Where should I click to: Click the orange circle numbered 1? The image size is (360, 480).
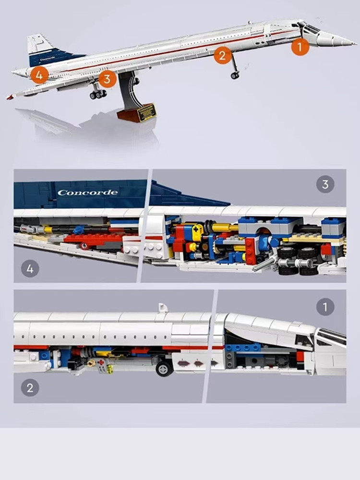click(x=300, y=47)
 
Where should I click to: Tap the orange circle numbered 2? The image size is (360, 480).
click(x=222, y=55)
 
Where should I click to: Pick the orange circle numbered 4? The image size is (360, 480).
click(x=39, y=75)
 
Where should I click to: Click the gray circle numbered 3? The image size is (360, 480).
click(x=325, y=184)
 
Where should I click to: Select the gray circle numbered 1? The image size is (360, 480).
click(x=325, y=307)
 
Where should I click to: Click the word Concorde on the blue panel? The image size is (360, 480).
click(x=87, y=193)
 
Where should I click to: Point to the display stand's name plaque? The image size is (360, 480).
click(x=147, y=112)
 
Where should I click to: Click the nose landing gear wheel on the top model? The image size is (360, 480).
click(x=235, y=75)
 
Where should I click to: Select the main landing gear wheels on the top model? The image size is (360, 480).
click(x=98, y=94)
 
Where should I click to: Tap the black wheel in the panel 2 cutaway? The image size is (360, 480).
click(x=165, y=368)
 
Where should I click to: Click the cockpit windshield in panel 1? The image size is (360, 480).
click(x=331, y=336)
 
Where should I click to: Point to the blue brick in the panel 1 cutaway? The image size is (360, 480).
click(x=242, y=347)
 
